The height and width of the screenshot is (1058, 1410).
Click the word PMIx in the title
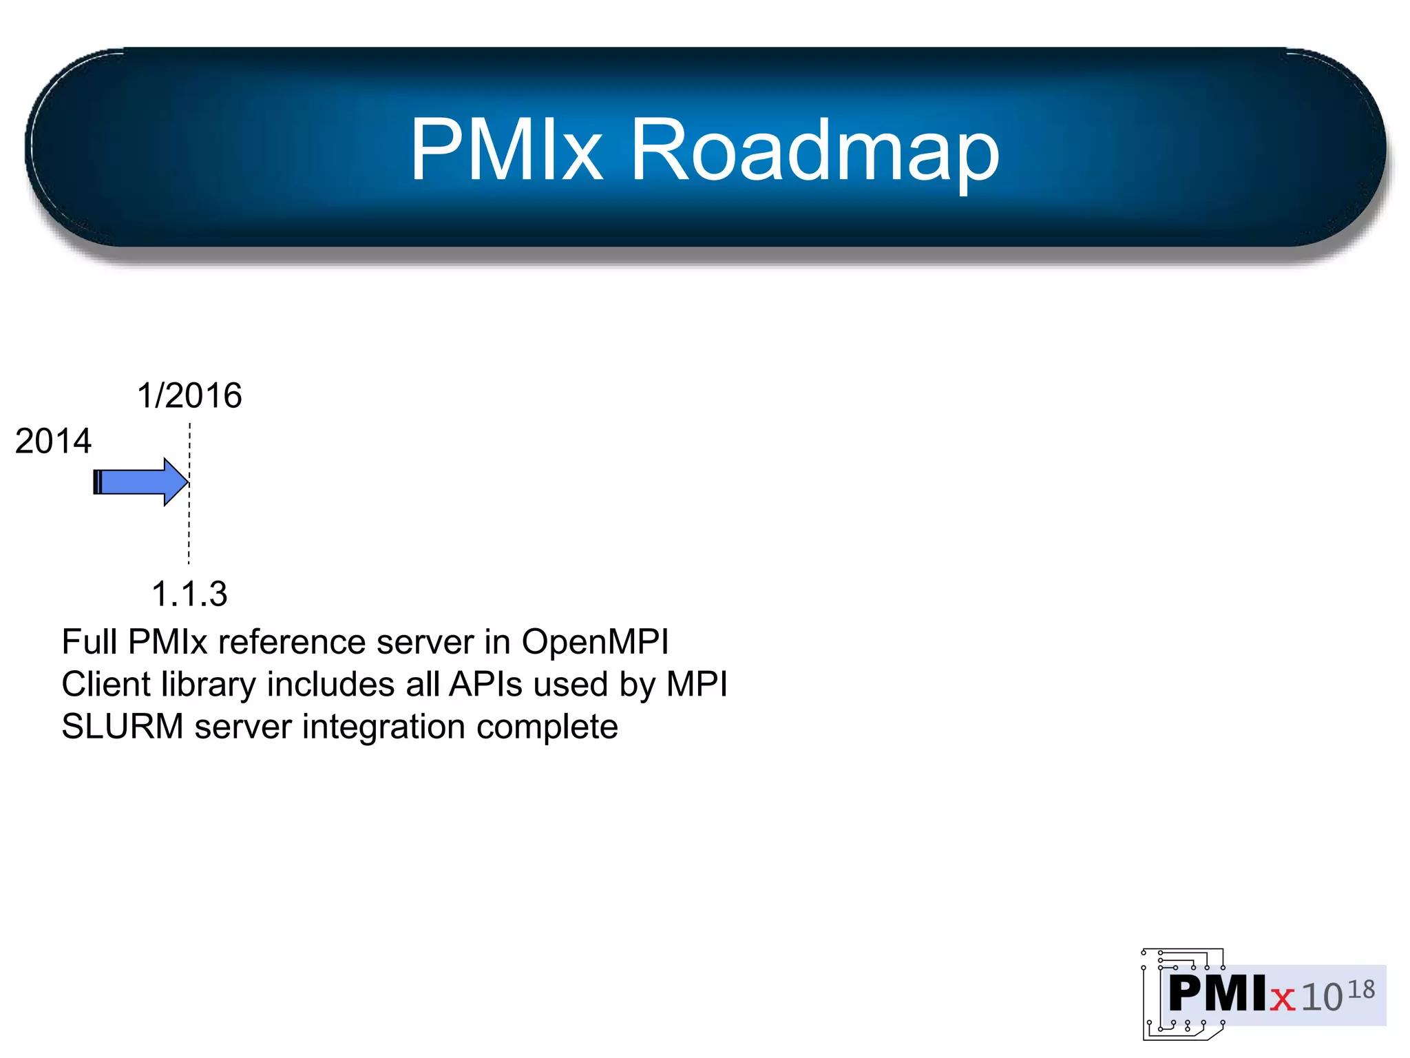(x=506, y=149)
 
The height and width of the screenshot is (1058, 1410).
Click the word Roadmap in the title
(x=814, y=151)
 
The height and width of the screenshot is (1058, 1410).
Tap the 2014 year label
(x=53, y=441)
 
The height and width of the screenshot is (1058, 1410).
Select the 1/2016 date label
(x=189, y=395)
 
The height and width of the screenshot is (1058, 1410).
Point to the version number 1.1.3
(x=189, y=594)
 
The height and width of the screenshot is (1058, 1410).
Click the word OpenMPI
(x=595, y=642)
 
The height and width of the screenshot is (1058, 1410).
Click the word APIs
(x=485, y=685)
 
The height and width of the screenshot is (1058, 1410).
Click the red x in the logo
(x=1282, y=997)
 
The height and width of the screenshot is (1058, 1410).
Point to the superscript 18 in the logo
(x=1360, y=990)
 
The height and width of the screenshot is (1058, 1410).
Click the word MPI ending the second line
(x=697, y=685)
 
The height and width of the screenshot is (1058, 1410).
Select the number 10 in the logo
(x=1322, y=997)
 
